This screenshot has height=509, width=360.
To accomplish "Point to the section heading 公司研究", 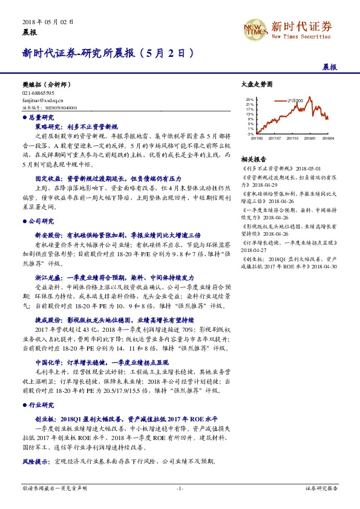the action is click(41, 221).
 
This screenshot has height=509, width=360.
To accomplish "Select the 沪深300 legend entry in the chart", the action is click(303, 99).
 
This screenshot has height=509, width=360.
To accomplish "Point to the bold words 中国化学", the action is click(45, 361).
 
